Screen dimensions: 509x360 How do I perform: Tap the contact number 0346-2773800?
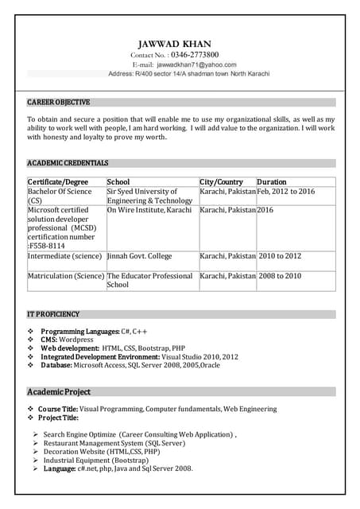point(194,54)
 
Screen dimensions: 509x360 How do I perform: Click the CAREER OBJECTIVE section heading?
point(59,103)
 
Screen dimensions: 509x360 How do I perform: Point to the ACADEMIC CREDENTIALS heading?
point(68,163)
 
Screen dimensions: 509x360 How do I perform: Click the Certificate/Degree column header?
point(58,182)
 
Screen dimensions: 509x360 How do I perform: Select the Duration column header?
point(272,182)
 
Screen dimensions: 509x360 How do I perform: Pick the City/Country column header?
point(222,182)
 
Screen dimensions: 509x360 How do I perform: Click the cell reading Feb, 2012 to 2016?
point(286,192)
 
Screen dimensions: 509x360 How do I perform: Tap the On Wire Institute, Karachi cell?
point(149,210)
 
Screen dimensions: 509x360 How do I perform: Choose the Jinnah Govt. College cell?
point(139,256)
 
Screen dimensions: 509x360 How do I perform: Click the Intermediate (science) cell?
point(65,256)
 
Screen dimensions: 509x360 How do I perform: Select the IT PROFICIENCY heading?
point(53,314)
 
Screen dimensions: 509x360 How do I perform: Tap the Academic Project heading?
point(59,392)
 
